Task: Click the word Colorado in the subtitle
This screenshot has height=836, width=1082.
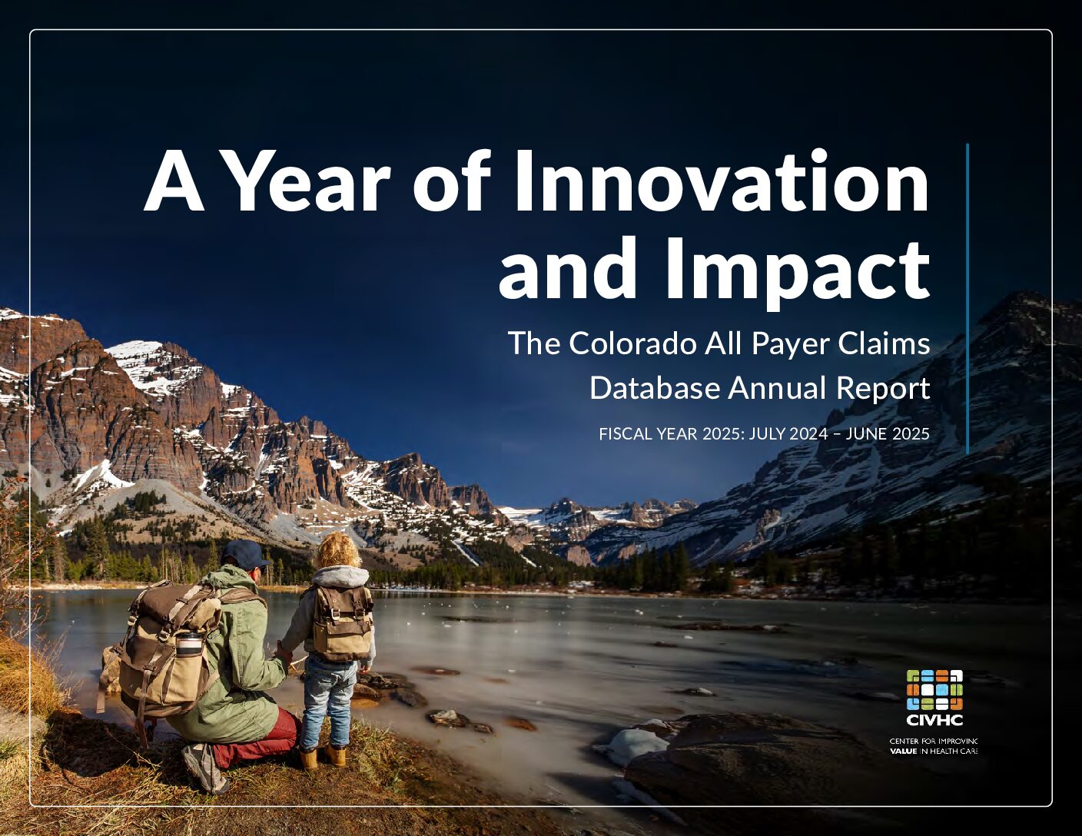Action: coord(632,343)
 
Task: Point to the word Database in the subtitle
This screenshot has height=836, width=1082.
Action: coord(655,388)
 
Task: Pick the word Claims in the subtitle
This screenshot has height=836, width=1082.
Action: coord(885,343)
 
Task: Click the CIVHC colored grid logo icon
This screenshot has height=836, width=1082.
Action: coord(934,690)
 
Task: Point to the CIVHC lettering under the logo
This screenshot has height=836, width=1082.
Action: coord(934,720)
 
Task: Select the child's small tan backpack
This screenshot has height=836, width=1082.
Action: coord(343,622)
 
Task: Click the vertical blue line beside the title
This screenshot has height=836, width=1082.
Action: coord(967,299)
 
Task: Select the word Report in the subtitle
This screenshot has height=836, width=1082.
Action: coord(883,389)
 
